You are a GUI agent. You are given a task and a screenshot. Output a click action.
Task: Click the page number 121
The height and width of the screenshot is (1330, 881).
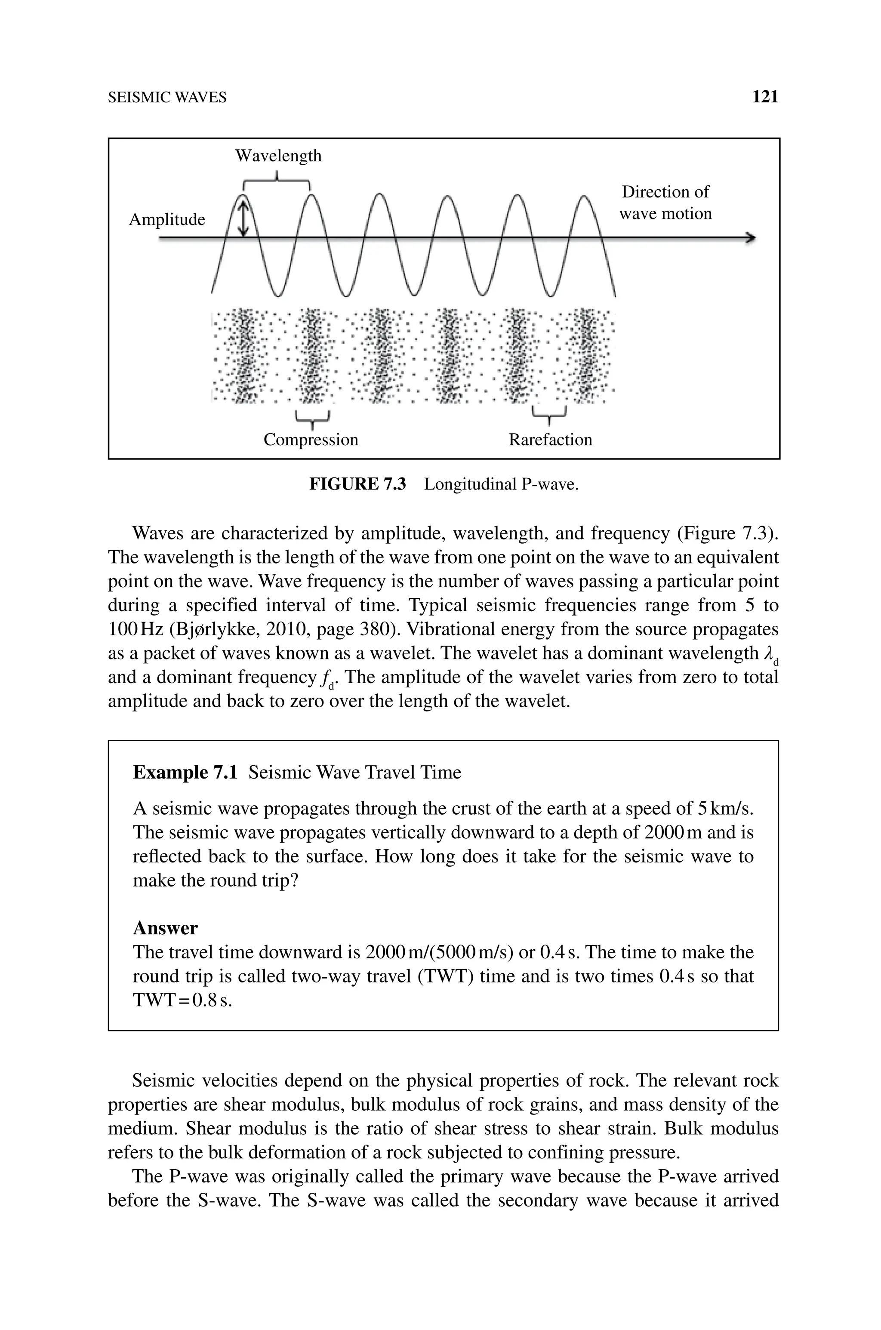(x=765, y=97)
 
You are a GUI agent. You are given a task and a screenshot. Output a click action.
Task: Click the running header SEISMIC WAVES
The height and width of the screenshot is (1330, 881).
(x=167, y=98)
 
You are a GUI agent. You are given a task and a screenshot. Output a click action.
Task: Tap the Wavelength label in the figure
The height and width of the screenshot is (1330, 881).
(x=278, y=156)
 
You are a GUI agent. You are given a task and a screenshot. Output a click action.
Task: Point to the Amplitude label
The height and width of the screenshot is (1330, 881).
(x=167, y=220)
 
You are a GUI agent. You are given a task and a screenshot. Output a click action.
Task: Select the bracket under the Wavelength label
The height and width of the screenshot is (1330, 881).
(x=277, y=182)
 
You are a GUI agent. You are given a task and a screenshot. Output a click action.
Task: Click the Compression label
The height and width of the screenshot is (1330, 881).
(x=311, y=439)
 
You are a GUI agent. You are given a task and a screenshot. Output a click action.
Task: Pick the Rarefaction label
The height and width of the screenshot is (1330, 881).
(x=550, y=439)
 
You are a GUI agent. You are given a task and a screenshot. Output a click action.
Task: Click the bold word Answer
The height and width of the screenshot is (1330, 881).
(x=165, y=928)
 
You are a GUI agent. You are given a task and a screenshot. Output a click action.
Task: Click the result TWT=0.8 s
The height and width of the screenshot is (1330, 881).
(x=182, y=1001)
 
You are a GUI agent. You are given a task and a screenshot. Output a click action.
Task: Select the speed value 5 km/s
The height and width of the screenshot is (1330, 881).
(x=725, y=809)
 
